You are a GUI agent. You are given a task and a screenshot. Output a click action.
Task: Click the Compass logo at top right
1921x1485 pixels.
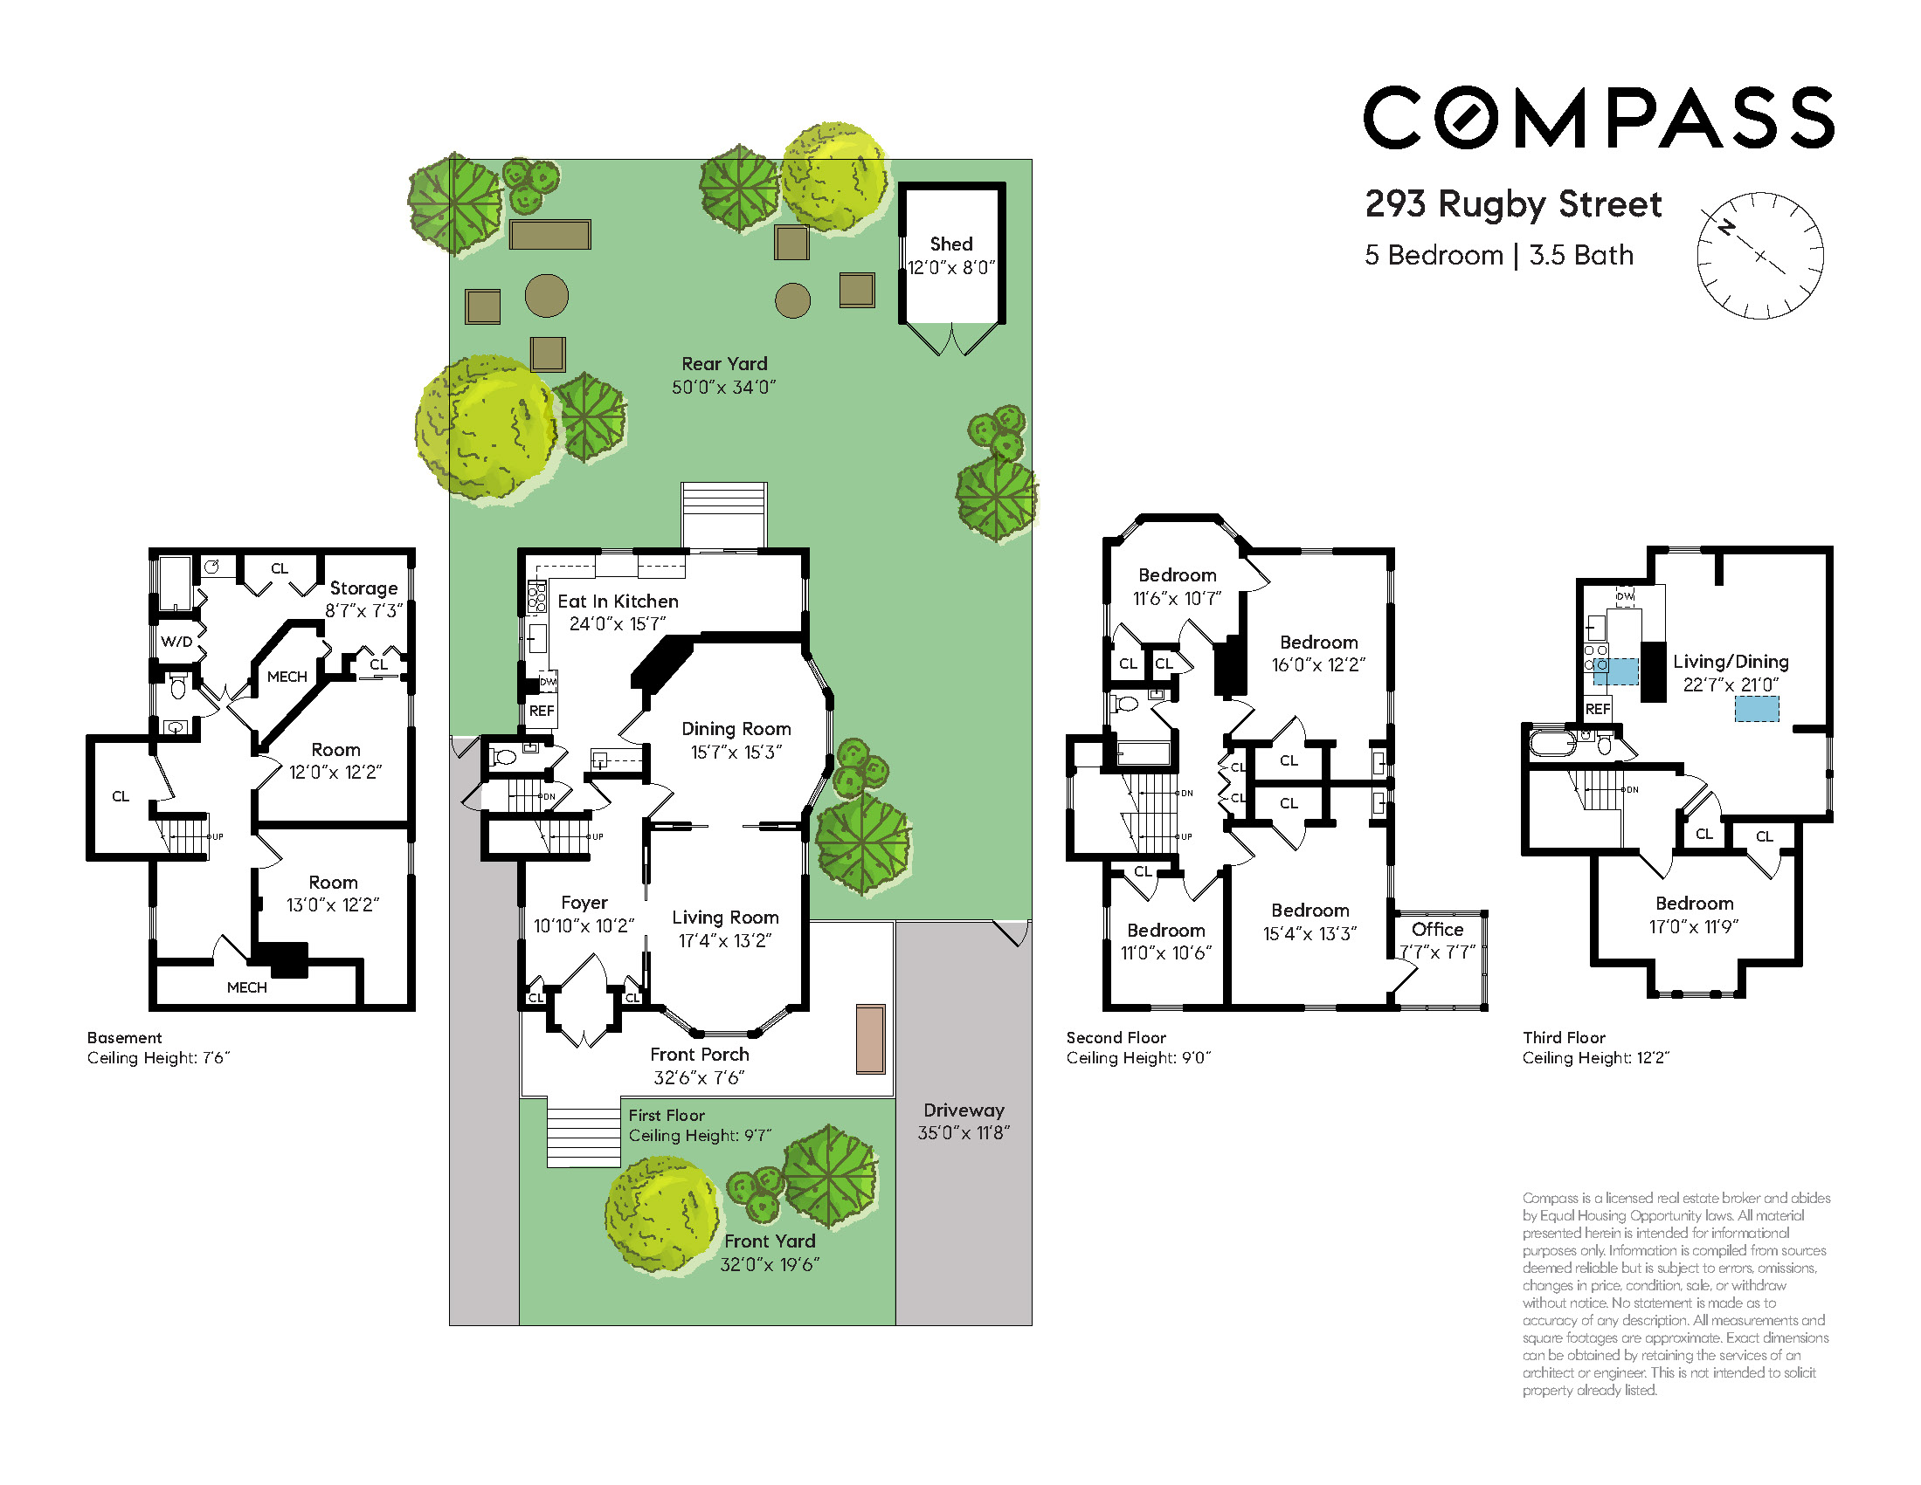click(x=1598, y=117)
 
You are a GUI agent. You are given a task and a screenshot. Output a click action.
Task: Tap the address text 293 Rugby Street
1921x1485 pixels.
click(x=1513, y=204)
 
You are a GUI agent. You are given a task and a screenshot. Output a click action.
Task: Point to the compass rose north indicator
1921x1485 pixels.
click(x=1727, y=227)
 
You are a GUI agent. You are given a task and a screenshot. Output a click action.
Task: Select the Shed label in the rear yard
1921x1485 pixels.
click(x=950, y=244)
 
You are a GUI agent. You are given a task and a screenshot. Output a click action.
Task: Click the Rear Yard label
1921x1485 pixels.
click(x=724, y=363)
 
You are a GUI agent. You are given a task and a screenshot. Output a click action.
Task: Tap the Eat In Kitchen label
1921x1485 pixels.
click(x=618, y=602)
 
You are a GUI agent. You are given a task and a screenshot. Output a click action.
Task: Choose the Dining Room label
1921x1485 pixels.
click(x=736, y=729)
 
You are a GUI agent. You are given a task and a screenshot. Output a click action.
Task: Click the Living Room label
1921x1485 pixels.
click(x=725, y=918)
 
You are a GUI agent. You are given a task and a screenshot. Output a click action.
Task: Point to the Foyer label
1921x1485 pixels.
click(x=584, y=903)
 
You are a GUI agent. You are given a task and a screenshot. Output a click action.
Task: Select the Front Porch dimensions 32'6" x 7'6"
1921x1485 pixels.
click(x=698, y=1078)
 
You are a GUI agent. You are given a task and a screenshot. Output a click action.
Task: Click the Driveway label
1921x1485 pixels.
click(x=964, y=1110)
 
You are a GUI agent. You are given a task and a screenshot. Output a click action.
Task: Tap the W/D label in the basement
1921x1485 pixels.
click(x=176, y=642)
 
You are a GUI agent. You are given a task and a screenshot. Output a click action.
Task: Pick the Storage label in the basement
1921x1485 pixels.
click(x=363, y=588)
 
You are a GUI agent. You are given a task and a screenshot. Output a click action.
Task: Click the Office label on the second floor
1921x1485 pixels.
click(x=1437, y=930)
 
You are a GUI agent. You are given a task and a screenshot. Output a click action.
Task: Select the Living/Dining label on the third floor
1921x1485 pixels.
click(x=1731, y=662)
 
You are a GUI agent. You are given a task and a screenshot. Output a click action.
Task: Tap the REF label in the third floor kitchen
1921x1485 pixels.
click(x=1597, y=709)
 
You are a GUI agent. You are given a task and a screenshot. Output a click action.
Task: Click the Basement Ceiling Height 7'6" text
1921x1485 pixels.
click(x=158, y=1058)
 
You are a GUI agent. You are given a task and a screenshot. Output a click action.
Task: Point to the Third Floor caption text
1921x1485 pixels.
click(x=1564, y=1037)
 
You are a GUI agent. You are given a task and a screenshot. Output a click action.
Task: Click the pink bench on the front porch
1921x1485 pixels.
click(x=870, y=1039)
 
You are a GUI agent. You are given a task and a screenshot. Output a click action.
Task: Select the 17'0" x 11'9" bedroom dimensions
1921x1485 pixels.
click(x=1693, y=926)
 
